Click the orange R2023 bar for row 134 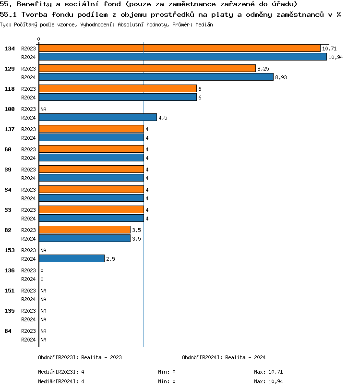point(180,48)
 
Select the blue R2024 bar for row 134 point(182,57)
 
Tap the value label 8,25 point(263,69)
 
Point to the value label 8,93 point(281,77)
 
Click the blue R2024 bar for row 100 point(98,117)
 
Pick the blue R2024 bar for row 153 point(72,258)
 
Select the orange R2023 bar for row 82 point(84,230)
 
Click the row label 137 point(10,129)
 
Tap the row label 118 point(10,89)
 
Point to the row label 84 point(8,331)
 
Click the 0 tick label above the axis point(38,39)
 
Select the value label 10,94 point(336,57)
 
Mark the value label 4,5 point(163,118)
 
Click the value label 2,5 point(110,259)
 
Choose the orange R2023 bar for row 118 point(118,88)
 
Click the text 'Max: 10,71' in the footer point(268,372)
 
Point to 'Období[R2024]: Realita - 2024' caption point(224,357)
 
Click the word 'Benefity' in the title point(32,4)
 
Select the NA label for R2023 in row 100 point(43,109)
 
